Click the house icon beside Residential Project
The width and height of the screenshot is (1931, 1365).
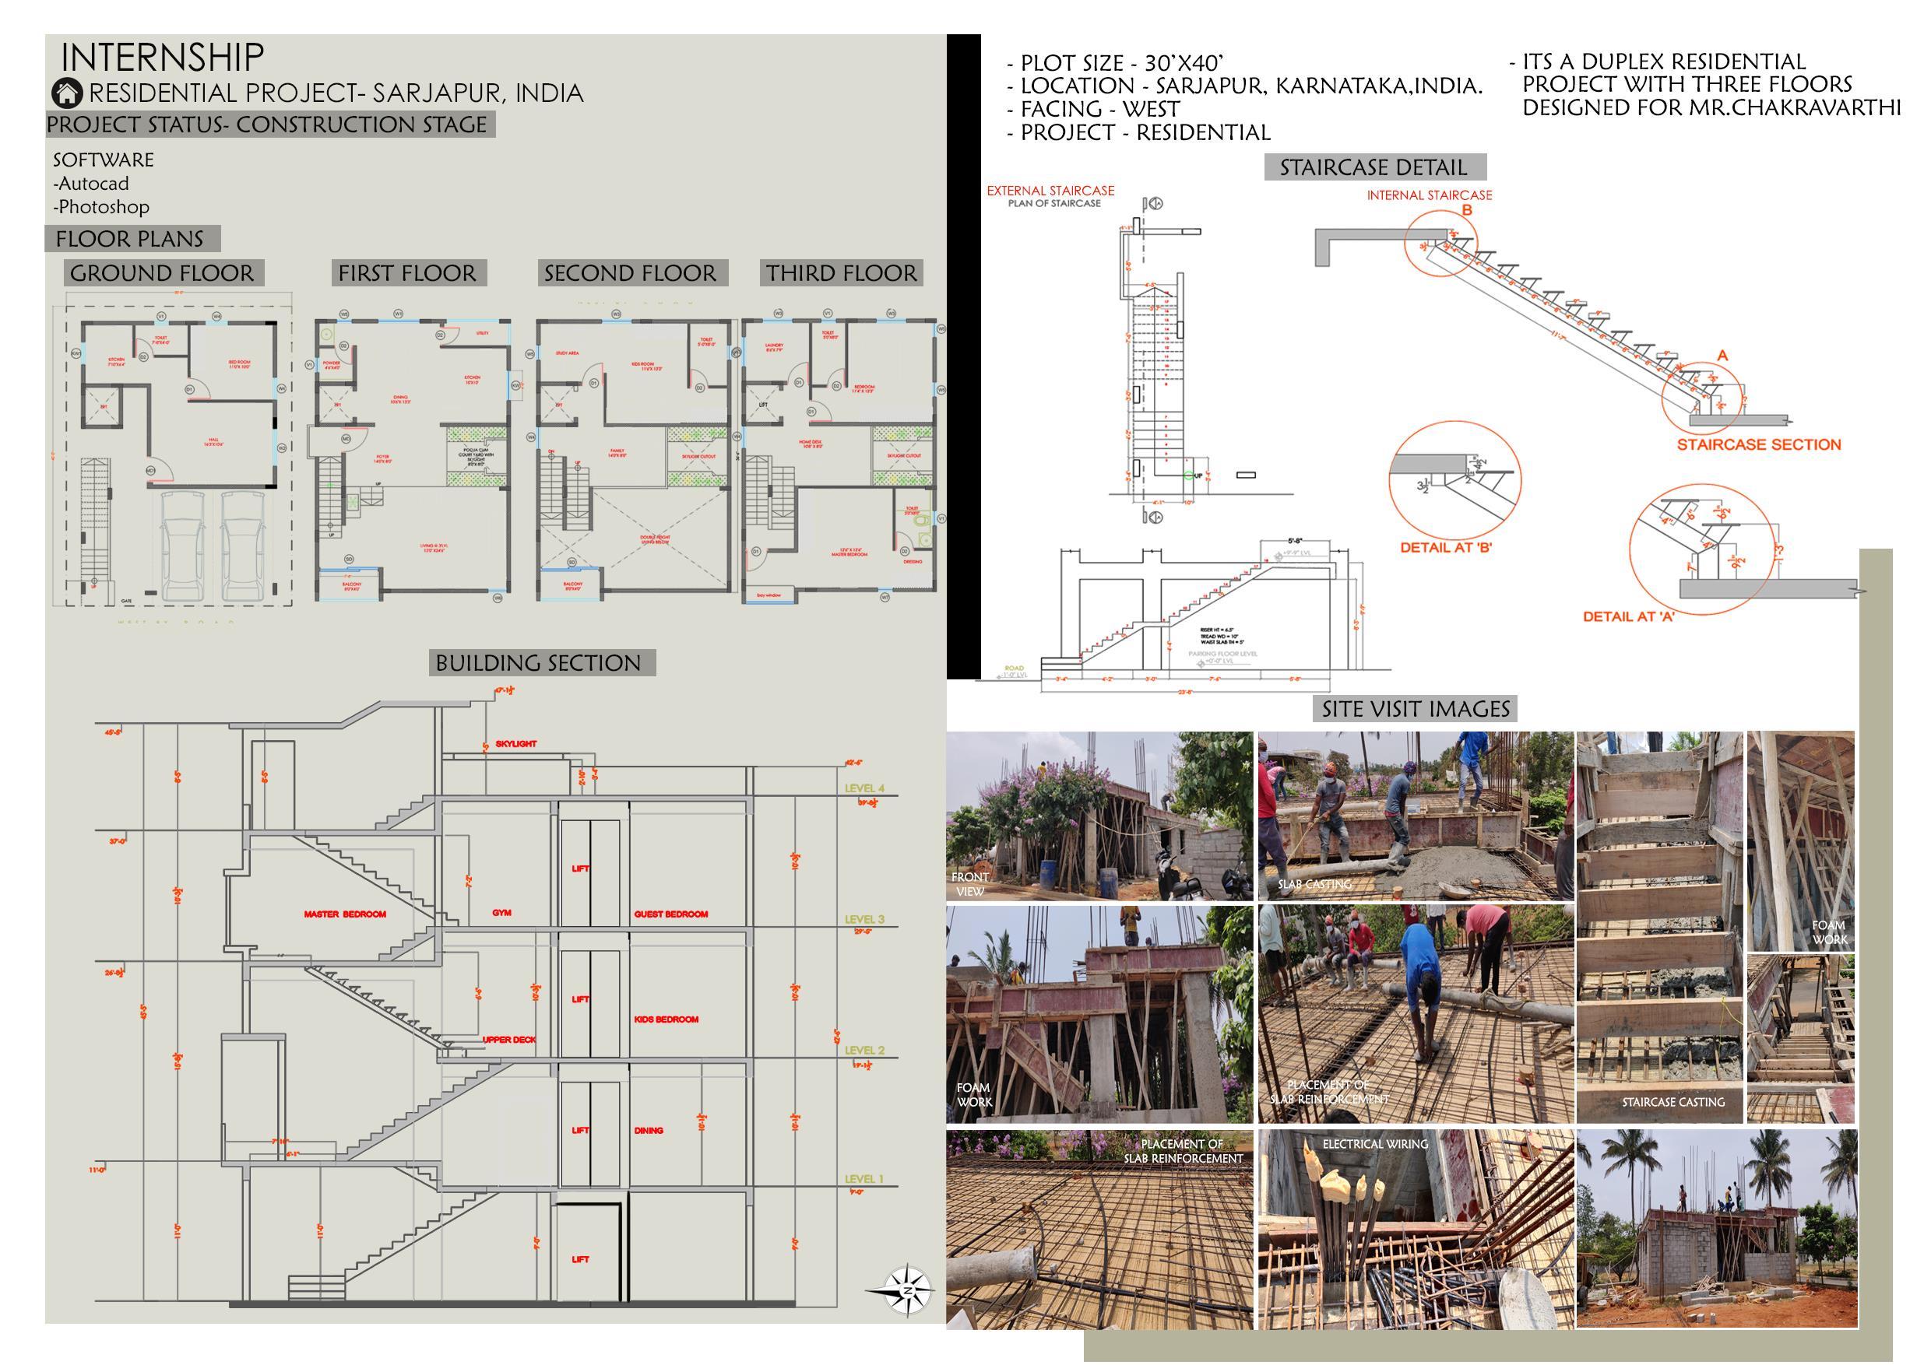[x=67, y=93]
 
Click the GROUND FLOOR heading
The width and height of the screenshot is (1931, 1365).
[x=162, y=273]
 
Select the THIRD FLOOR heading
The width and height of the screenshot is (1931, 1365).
[x=841, y=273]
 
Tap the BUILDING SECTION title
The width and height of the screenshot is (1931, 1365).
[x=538, y=663]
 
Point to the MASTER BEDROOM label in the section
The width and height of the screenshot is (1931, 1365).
[x=345, y=914]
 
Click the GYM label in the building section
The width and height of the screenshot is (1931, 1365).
[x=501, y=912]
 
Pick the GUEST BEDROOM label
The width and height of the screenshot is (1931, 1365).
[x=670, y=914]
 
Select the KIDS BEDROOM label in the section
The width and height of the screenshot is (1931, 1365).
[x=666, y=1019]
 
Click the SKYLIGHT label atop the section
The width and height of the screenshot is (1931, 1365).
[x=515, y=744]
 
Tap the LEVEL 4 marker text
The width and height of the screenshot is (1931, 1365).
[x=864, y=788]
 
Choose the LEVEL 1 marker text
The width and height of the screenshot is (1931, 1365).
[x=864, y=1179]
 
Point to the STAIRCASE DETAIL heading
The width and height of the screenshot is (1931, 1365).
[x=1374, y=167]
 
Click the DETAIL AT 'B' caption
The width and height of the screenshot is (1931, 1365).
[x=1446, y=547]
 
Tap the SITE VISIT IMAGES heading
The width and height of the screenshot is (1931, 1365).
[x=1416, y=710]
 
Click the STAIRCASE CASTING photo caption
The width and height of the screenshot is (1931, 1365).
[x=1672, y=1102]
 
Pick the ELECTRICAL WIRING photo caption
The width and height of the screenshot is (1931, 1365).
[x=1375, y=1144]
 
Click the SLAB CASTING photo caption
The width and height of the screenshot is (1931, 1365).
[x=1314, y=884]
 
